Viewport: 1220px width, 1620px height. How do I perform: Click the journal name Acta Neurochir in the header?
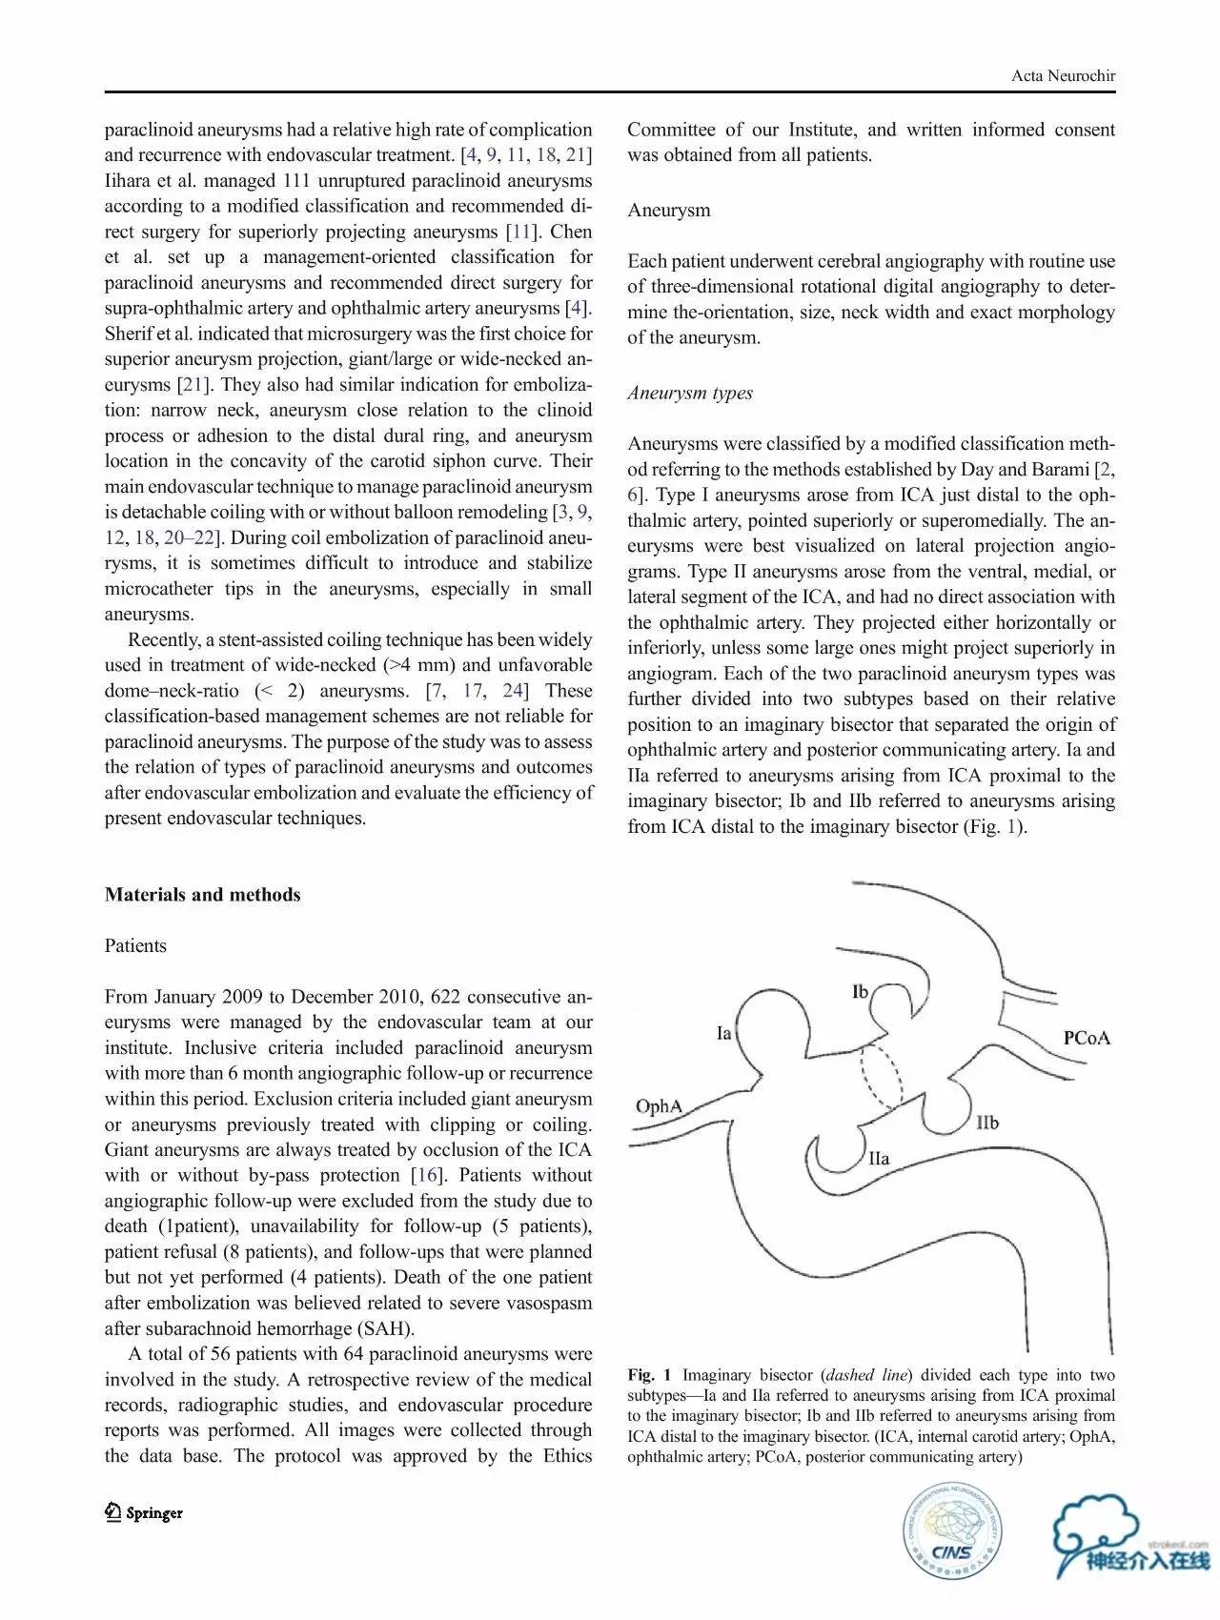[1063, 76]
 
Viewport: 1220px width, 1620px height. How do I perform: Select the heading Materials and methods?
[202, 895]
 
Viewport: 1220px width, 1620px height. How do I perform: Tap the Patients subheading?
[135, 946]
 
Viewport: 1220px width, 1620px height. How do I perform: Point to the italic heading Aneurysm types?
[690, 394]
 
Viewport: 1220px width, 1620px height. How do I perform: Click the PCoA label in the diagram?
[1087, 1038]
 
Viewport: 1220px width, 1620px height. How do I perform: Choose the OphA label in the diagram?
[660, 1106]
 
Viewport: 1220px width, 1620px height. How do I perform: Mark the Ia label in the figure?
[724, 1033]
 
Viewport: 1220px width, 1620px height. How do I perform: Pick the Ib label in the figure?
[861, 992]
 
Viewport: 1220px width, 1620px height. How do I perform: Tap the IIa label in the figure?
[879, 1159]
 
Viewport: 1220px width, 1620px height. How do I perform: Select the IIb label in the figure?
[987, 1123]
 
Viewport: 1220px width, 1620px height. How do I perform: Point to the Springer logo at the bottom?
[144, 1512]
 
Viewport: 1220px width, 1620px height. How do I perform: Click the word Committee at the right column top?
[670, 130]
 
